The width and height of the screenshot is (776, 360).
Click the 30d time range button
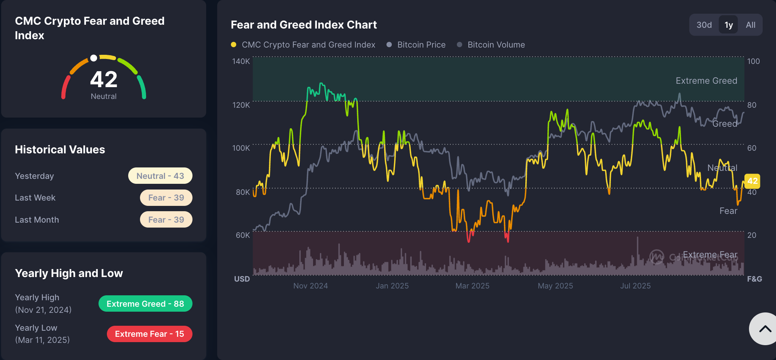[x=704, y=25]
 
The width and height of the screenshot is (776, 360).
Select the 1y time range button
[x=728, y=25]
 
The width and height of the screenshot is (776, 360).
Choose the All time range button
[x=751, y=25]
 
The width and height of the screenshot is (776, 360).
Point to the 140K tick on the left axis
[x=241, y=61]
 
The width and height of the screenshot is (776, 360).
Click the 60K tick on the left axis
[x=242, y=235]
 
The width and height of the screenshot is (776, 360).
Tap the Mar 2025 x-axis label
[x=472, y=286]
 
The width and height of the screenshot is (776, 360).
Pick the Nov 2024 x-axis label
[x=310, y=286]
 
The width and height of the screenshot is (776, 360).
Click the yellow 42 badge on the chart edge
[x=752, y=181]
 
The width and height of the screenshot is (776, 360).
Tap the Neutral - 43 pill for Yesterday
[x=160, y=176]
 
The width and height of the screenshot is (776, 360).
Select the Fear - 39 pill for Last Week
[x=166, y=198]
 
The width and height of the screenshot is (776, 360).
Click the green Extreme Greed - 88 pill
[x=145, y=304]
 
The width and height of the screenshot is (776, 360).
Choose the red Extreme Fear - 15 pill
[x=149, y=334]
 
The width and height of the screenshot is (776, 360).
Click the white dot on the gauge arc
[x=94, y=58]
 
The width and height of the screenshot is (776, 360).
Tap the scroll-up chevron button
[x=765, y=329]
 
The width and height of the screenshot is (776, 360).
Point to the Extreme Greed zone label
[x=706, y=81]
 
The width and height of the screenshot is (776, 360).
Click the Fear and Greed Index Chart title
[x=304, y=25]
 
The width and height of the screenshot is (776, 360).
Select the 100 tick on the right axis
[x=753, y=61]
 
